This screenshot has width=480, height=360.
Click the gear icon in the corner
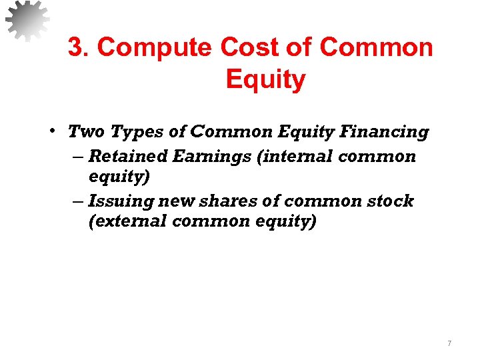click(x=27, y=21)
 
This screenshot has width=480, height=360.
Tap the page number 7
click(x=449, y=344)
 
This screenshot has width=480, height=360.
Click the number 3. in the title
click(x=79, y=48)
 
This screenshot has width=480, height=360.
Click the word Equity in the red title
click(x=265, y=79)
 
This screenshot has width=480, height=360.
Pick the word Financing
click(x=384, y=133)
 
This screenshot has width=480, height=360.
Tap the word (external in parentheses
click(x=127, y=221)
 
